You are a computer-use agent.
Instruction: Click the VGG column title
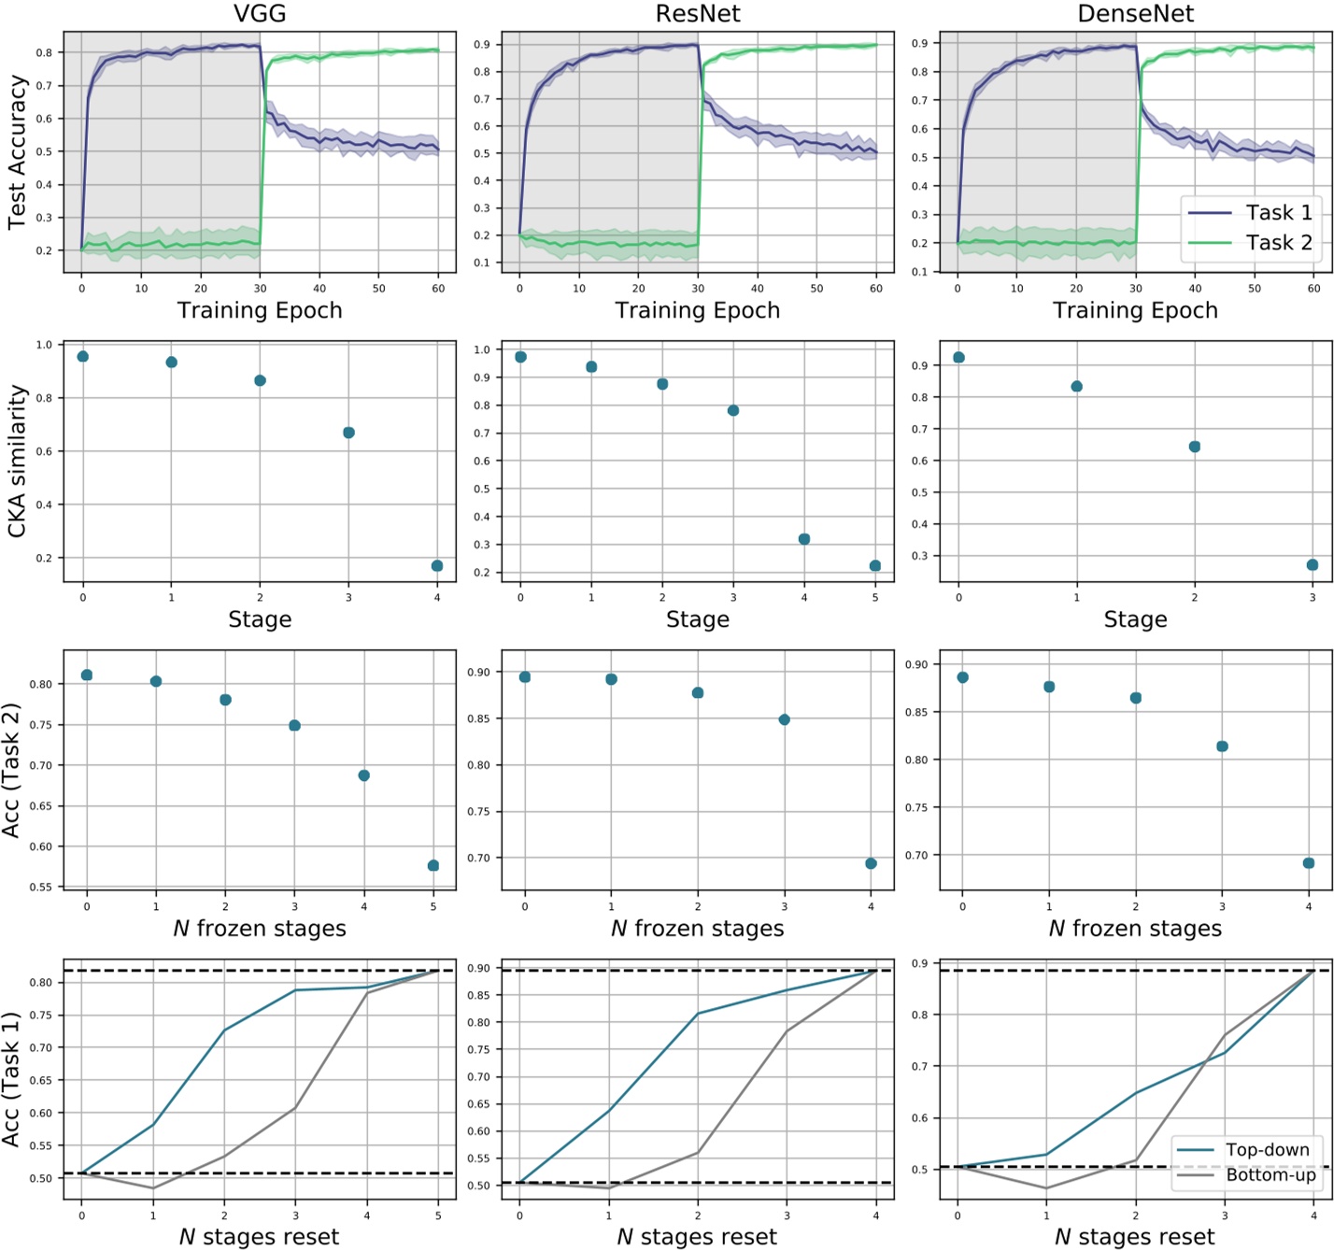pyautogui.click(x=260, y=14)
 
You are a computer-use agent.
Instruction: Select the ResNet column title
pyautogui.click(x=697, y=14)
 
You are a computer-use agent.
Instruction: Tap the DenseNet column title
pyautogui.click(x=1135, y=14)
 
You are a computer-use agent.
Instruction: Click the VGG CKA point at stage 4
pyautogui.click(x=437, y=566)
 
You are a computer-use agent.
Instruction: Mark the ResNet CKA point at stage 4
pyautogui.click(x=804, y=539)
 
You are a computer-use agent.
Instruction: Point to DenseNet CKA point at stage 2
pyautogui.click(x=1194, y=447)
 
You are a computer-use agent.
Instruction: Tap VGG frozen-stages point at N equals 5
pyautogui.click(x=433, y=866)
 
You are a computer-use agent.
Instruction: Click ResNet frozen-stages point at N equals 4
pyautogui.click(x=871, y=864)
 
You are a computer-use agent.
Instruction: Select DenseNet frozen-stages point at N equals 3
pyautogui.click(x=1222, y=746)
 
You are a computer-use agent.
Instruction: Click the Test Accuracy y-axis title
pyautogui.click(x=17, y=152)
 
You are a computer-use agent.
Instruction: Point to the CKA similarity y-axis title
pyautogui.click(x=17, y=462)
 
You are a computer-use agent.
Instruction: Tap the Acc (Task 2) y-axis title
pyautogui.click(x=11, y=771)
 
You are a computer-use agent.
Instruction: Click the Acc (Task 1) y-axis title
pyautogui.click(x=11, y=1079)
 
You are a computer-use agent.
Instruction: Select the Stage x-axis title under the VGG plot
pyautogui.click(x=260, y=619)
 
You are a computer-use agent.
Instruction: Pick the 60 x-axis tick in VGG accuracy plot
pyautogui.click(x=438, y=289)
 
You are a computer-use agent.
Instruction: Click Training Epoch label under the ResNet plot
pyautogui.click(x=697, y=311)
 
